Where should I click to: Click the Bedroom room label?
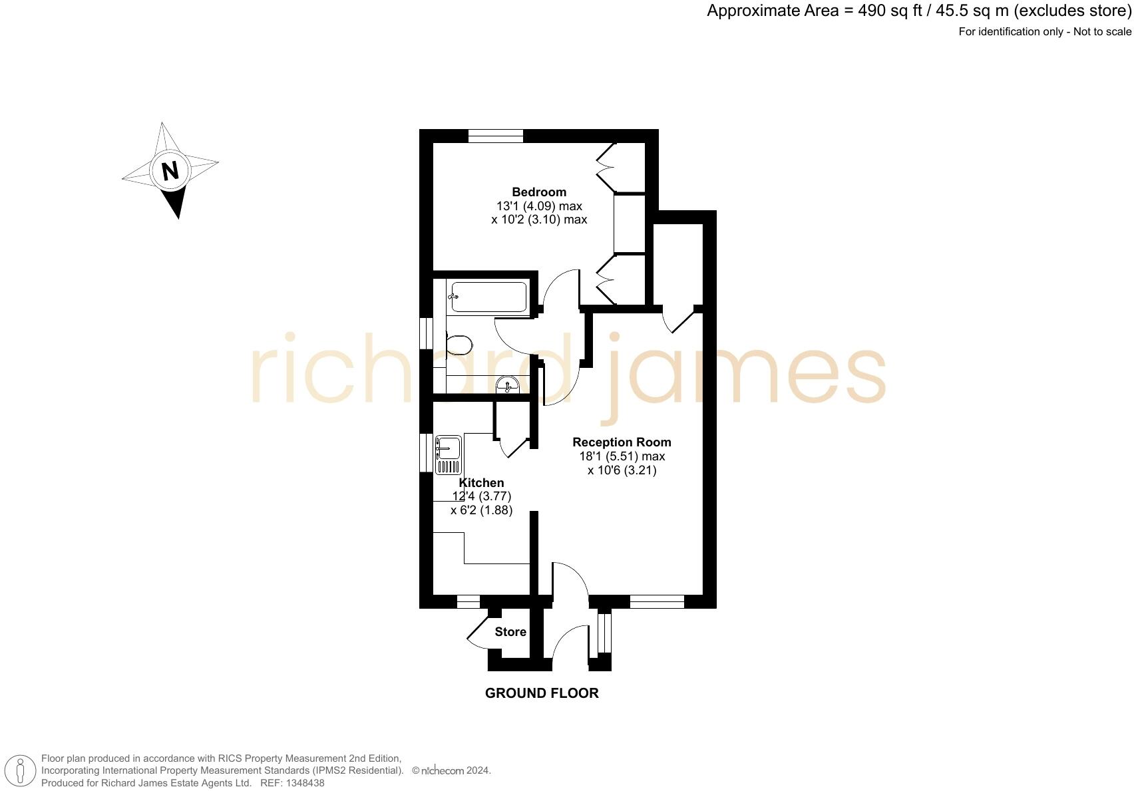tap(539, 192)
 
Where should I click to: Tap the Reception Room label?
tap(622, 442)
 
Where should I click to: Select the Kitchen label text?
tap(482, 483)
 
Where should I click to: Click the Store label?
tap(510, 632)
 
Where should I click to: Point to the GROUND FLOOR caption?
tap(542, 693)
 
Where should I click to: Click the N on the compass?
tap(170, 171)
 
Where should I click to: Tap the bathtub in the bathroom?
tap(489, 297)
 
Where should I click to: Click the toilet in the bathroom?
tap(459, 345)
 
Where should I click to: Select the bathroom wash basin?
tap(508, 385)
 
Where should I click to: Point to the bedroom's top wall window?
tap(496, 136)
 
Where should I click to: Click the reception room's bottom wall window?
tap(657, 602)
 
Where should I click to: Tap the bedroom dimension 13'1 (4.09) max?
tap(539, 206)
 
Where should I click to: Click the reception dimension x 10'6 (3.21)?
tap(622, 470)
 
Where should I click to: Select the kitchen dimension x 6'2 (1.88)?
tap(481, 510)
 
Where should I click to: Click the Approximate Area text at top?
tap(918, 11)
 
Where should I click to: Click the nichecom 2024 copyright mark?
tap(451, 770)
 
